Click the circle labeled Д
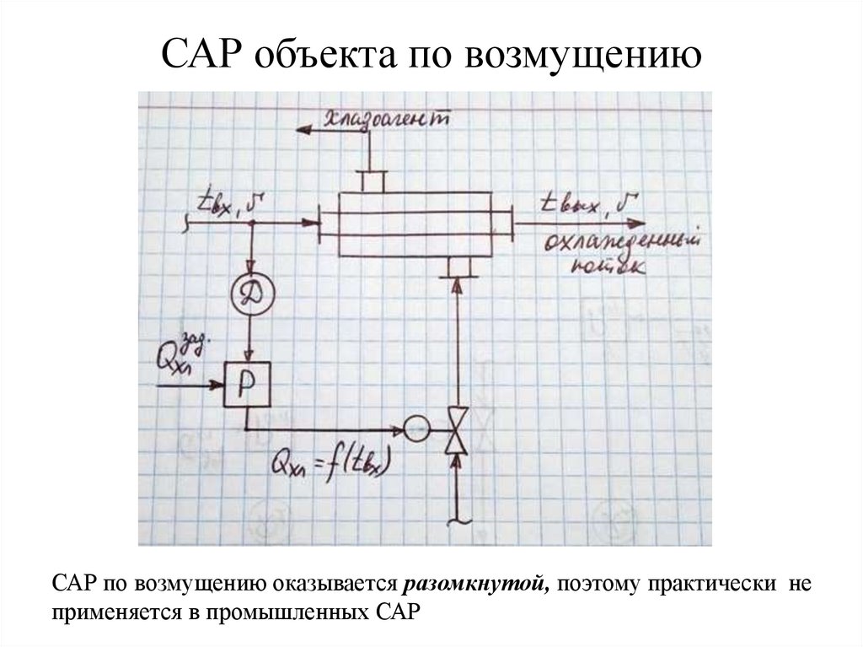click(x=251, y=294)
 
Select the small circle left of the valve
click(x=416, y=429)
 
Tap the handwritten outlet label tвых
click(x=588, y=203)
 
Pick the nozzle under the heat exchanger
click(x=457, y=266)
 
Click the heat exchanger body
click(x=413, y=224)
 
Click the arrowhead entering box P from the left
click(x=217, y=384)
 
